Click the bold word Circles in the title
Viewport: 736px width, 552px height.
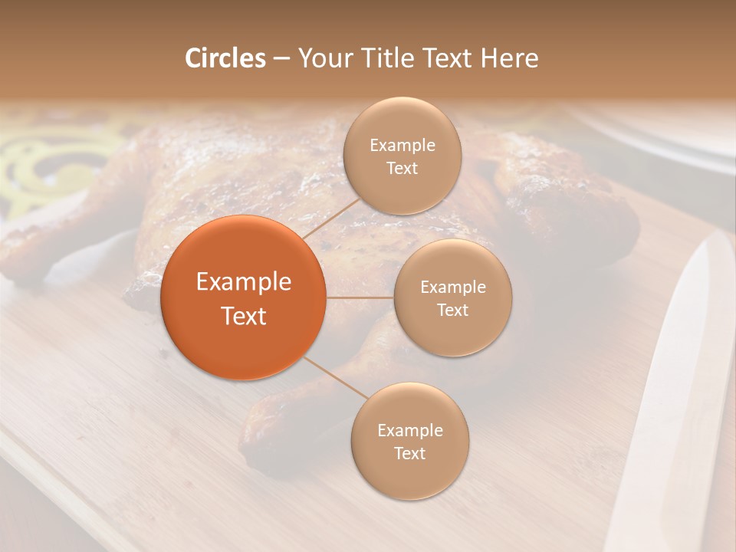225,58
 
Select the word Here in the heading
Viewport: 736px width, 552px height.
509,58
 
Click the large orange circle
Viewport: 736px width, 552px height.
244,297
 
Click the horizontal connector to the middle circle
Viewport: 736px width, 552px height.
360,297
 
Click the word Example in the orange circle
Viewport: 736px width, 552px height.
244,282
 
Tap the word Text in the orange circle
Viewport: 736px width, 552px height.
244,316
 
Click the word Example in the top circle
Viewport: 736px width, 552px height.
402,145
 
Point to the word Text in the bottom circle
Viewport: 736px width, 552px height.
409,453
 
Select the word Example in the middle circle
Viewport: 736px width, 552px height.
453,287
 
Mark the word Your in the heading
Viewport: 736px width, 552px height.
323,58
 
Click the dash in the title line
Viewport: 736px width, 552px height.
281,58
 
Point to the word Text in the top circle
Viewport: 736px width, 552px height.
402,168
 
